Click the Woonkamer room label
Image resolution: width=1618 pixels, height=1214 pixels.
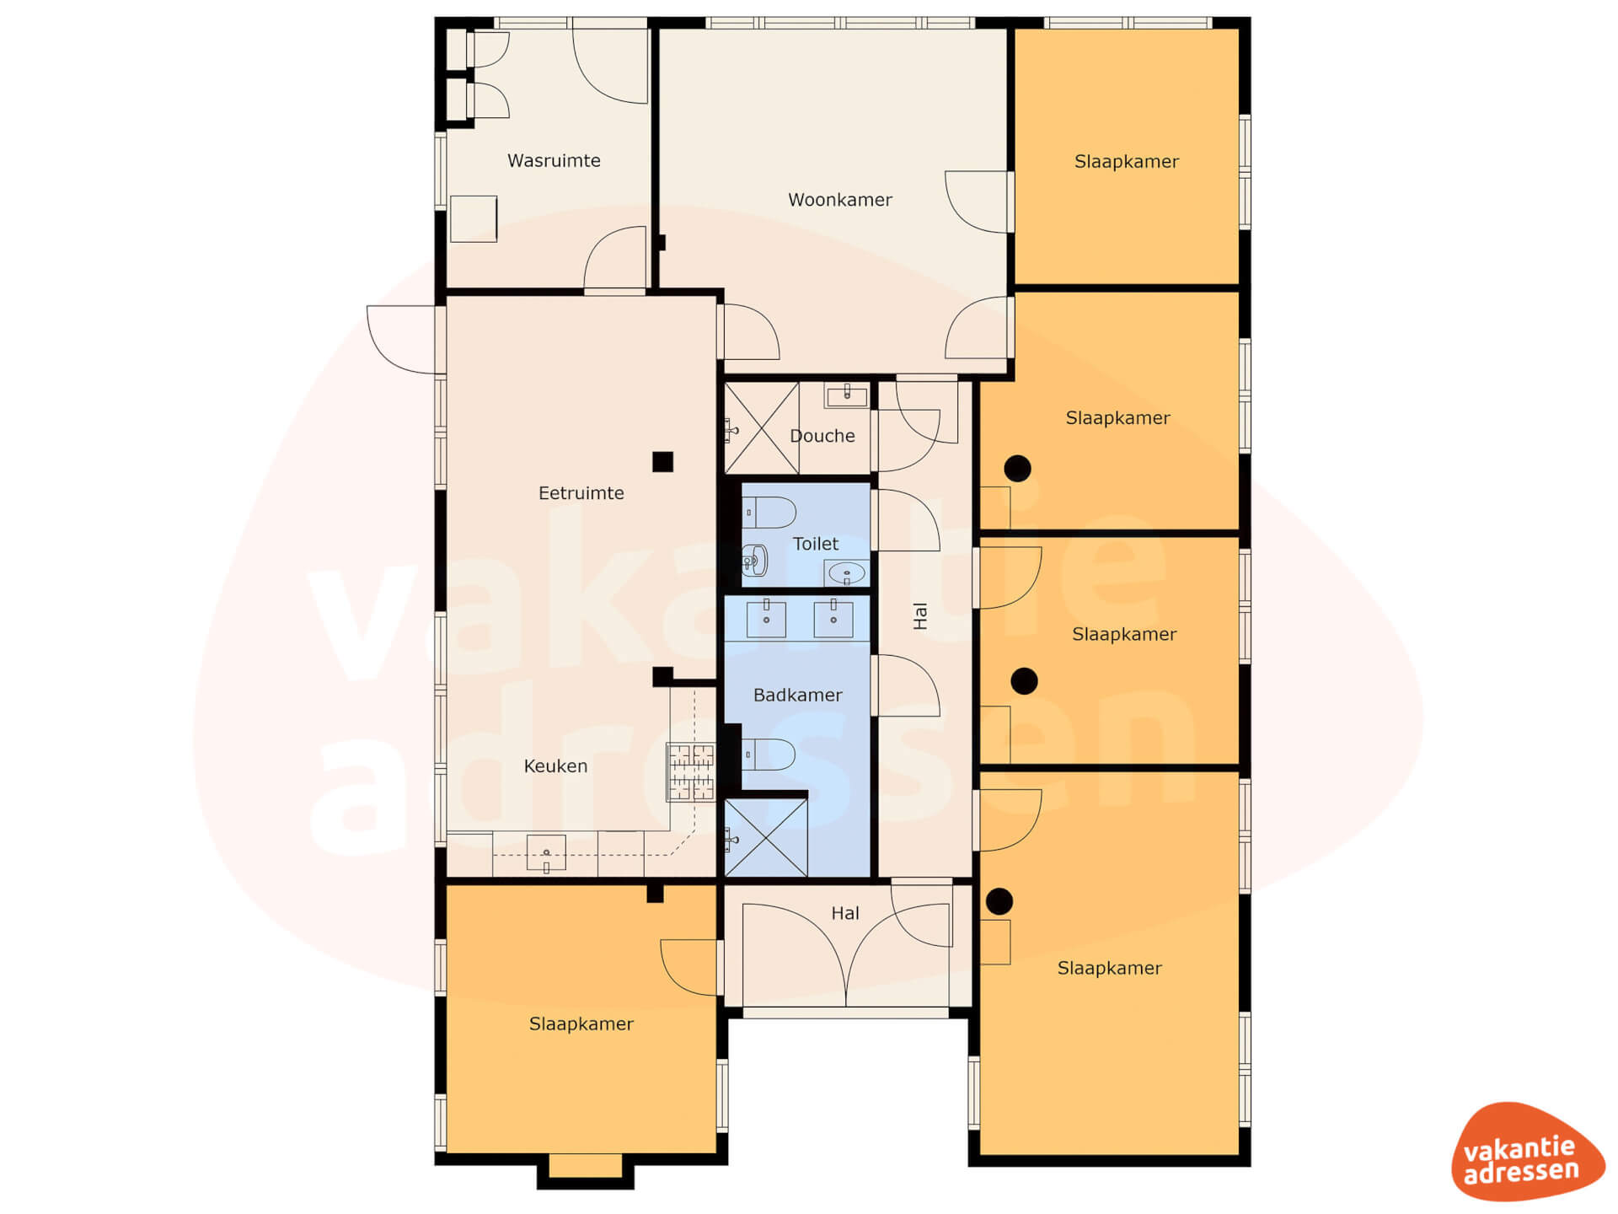click(839, 200)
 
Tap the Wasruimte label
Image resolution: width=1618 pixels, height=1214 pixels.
click(554, 160)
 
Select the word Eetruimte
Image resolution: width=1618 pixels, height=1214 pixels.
click(581, 493)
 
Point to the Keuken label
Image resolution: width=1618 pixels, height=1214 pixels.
click(555, 765)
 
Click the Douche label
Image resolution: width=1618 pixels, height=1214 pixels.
click(822, 436)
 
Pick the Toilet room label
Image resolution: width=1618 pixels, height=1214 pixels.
click(816, 544)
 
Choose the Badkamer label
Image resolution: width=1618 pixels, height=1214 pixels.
click(797, 695)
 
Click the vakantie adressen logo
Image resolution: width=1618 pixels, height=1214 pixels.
click(1527, 1151)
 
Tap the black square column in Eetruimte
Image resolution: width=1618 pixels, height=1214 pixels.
click(662, 461)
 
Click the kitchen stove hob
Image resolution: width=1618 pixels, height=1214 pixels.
click(691, 771)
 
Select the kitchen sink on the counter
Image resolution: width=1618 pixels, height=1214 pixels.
click(546, 853)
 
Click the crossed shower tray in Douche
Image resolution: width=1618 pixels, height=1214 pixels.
click(761, 428)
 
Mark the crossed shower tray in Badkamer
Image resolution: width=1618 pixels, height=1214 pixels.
click(765, 838)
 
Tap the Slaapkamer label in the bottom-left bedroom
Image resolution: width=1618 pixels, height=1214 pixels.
click(581, 1023)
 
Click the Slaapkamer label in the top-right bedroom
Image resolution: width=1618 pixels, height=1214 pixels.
click(1126, 161)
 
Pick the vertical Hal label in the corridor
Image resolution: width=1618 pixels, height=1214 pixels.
click(920, 616)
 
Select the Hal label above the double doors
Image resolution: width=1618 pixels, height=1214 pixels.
click(845, 913)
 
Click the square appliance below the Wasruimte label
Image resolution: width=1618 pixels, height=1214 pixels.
click(473, 219)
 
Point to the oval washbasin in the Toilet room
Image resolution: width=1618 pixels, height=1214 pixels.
click(846, 574)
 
